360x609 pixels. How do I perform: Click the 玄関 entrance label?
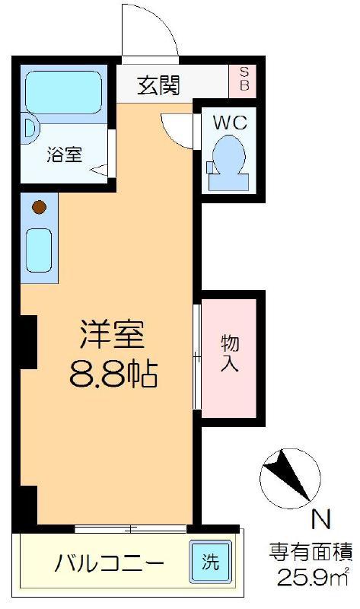coord(158,85)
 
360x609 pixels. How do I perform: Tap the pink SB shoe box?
coord(243,81)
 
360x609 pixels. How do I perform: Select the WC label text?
coord(230,123)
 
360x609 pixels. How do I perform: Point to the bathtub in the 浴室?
coord(64,92)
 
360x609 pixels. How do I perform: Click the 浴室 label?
coord(65,155)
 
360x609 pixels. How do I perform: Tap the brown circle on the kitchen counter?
coord(40,207)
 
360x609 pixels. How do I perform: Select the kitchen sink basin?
coord(39,250)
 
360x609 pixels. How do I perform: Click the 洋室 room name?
coord(113,334)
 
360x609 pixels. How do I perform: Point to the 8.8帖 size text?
coord(113,375)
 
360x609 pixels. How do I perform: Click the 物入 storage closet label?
coord(230,353)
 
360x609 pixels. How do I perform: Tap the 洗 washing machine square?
coord(211,562)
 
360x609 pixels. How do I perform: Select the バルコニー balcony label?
coord(109,563)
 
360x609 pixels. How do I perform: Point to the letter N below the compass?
coord(321,520)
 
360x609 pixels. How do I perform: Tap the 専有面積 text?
coord(311,552)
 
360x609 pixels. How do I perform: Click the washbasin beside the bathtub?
coord(30,128)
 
